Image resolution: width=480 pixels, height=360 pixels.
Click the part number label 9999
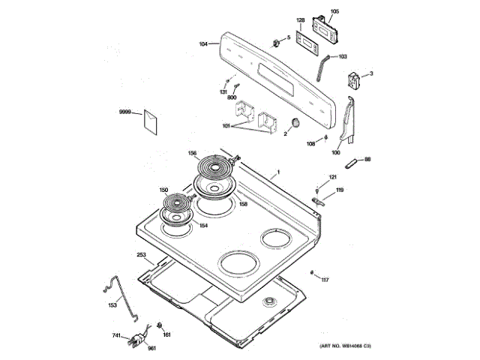click(x=125, y=112)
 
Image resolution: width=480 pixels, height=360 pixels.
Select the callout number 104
click(x=203, y=45)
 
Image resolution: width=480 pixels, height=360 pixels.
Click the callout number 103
click(x=343, y=56)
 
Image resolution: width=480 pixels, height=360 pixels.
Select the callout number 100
click(x=336, y=152)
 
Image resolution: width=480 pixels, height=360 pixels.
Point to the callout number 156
click(x=193, y=154)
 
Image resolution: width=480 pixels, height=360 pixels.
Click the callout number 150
click(x=163, y=190)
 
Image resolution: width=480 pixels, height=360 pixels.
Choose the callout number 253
click(x=141, y=256)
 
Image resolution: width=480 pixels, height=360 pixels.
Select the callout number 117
click(x=325, y=280)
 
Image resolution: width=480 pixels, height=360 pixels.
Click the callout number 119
click(x=340, y=190)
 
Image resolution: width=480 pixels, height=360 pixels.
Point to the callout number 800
click(x=232, y=98)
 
